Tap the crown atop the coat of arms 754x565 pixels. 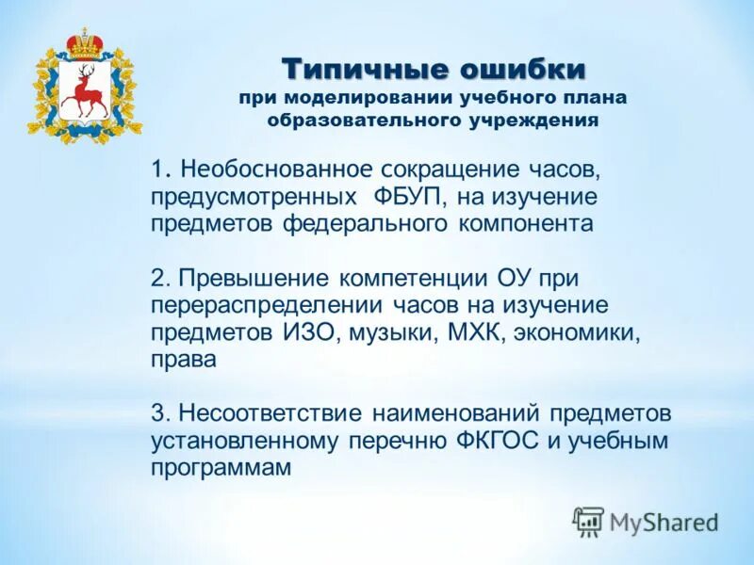click(85, 43)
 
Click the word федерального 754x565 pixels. click(366, 224)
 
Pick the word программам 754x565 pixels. click(221, 468)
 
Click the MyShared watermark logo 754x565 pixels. click(646, 521)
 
